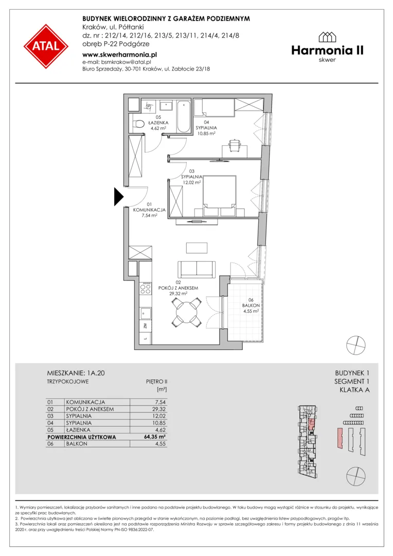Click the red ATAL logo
[x=46, y=46]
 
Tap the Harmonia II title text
[x=328, y=50]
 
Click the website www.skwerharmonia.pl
[x=119, y=55]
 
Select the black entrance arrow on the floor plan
[x=118, y=197]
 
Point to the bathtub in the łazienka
[x=184, y=116]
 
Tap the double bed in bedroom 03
[x=219, y=196]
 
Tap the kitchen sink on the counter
[x=146, y=314]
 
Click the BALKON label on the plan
[x=251, y=305]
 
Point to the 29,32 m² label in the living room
[x=178, y=293]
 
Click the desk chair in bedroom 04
[x=234, y=144]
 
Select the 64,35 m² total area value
[x=155, y=437]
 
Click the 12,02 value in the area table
[x=159, y=416]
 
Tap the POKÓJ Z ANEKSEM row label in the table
[x=90, y=409]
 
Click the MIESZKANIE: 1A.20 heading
[x=76, y=373]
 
